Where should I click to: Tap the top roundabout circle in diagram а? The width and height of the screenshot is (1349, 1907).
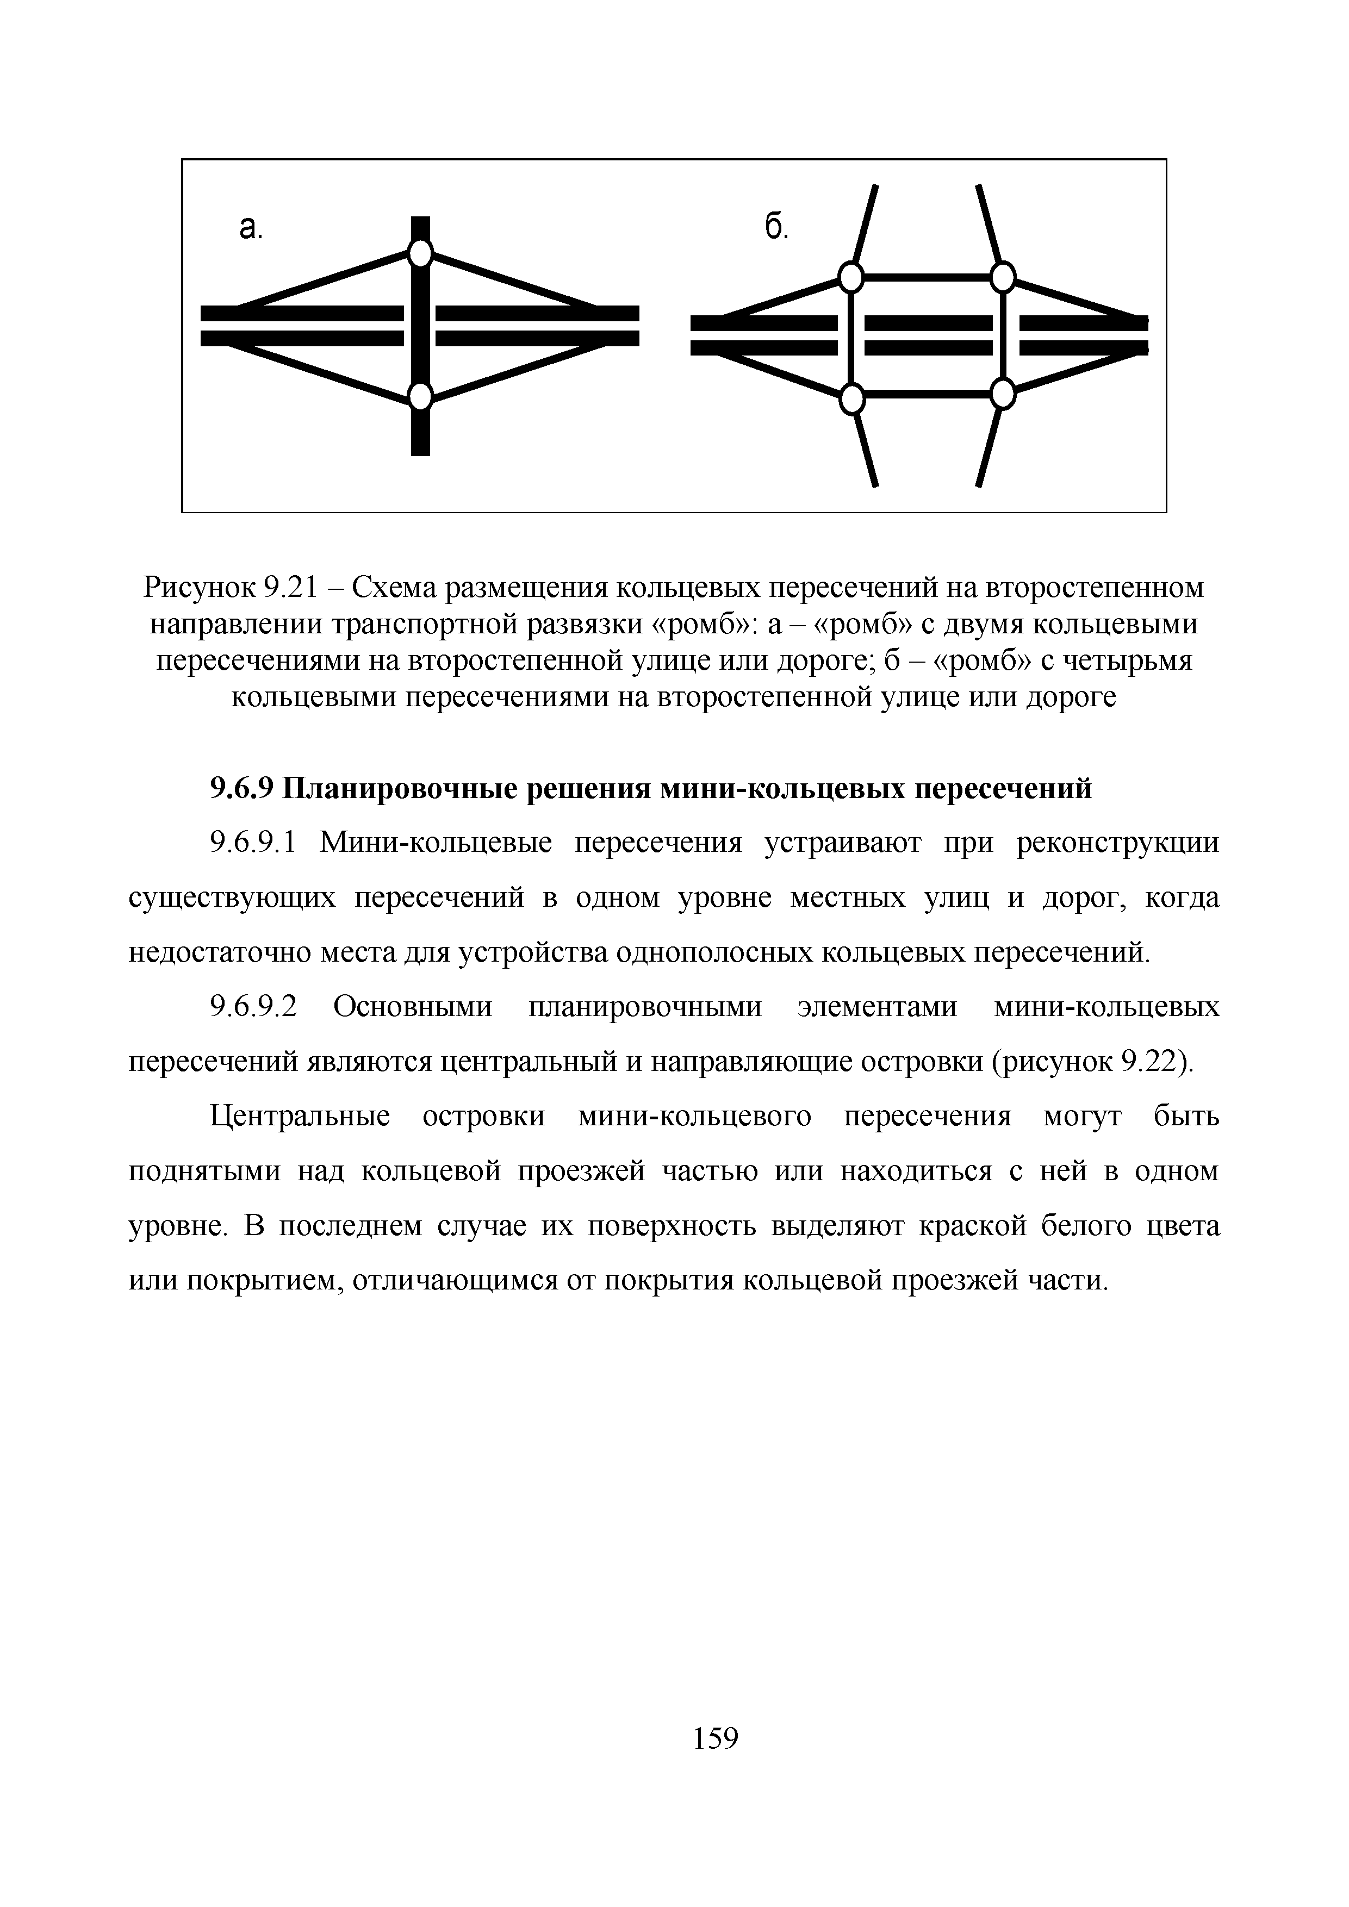click(421, 252)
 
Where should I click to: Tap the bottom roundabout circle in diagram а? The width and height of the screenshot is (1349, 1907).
click(421, 396)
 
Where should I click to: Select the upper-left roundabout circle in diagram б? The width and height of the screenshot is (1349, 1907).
click(850, 277)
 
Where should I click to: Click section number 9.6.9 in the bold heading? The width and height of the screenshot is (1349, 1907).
click(242, 788)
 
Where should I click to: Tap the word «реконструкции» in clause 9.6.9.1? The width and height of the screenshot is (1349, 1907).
click(1118, 843)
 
